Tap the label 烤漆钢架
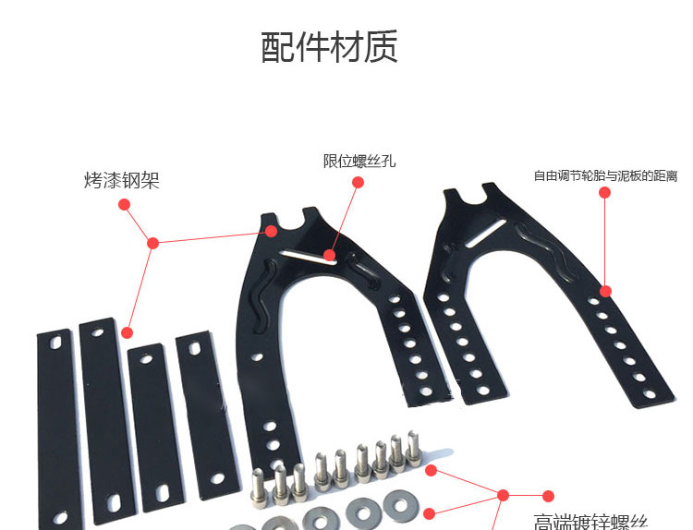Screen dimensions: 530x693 [121, 181]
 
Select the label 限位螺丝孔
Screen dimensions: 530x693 [359, 162]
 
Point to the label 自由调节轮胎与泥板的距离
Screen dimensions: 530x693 [605, 175]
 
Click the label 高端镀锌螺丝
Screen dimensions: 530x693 [591, 521]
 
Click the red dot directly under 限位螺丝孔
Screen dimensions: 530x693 [359, 183]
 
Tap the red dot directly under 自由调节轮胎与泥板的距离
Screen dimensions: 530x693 [605, 193]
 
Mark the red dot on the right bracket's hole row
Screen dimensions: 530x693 [605, 291]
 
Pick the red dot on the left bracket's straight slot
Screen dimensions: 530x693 [330, 254]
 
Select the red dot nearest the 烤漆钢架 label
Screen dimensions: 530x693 [124, 205]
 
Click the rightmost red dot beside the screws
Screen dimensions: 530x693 [548, 496]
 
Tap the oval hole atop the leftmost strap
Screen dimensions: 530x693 [55, 341]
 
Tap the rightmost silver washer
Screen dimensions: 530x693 [400, 503]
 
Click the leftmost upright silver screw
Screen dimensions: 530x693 [258, 486]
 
